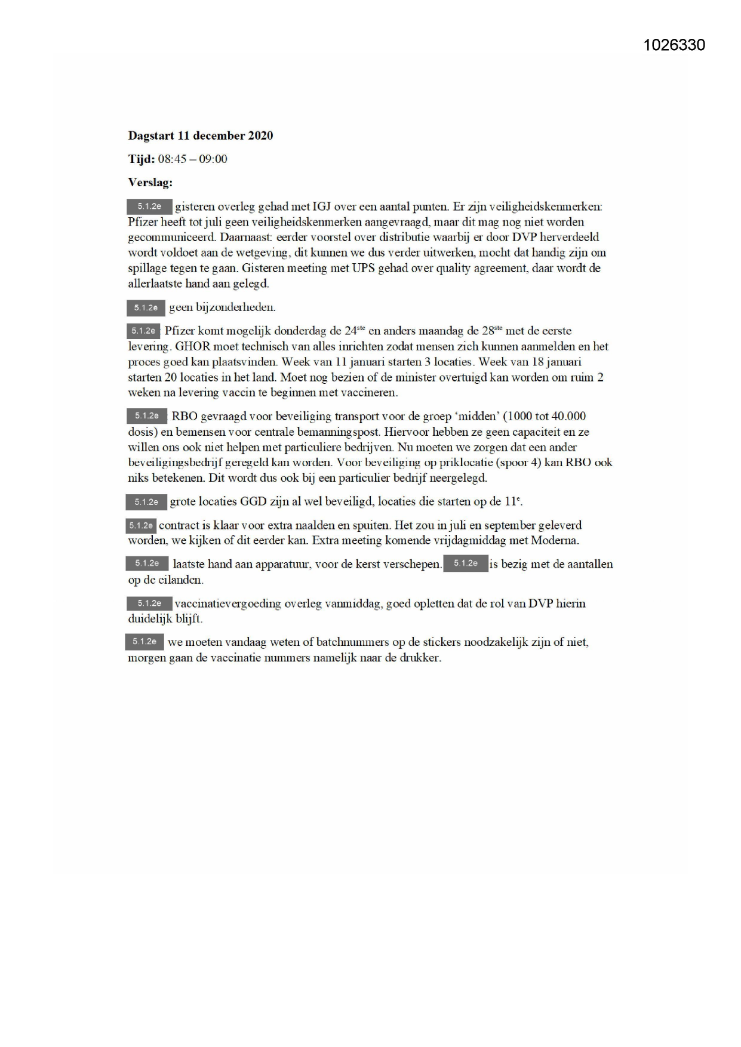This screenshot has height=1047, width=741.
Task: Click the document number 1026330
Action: [674, 45]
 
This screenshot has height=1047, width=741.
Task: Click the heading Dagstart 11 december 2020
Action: [201, 136]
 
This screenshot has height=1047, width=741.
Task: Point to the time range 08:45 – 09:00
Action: [192, 159]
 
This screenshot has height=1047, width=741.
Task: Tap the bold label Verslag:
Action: [150, 183]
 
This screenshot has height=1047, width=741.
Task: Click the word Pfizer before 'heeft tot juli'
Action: [142, 222]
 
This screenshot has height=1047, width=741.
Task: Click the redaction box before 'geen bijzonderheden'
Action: [146, 308]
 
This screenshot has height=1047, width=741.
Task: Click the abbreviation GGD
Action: [253, 501]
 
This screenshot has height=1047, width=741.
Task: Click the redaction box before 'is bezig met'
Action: [465, 563]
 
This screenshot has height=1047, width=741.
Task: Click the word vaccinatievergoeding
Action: [227, 603]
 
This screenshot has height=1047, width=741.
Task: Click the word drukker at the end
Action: [421, 658]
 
